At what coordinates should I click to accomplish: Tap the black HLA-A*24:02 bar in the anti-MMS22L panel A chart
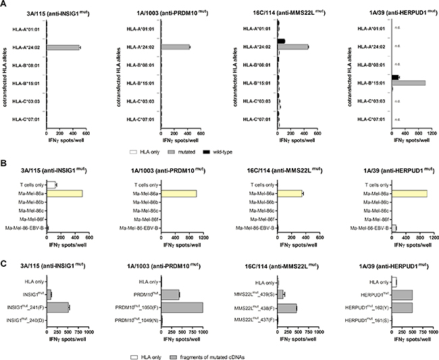pos(282,41)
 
